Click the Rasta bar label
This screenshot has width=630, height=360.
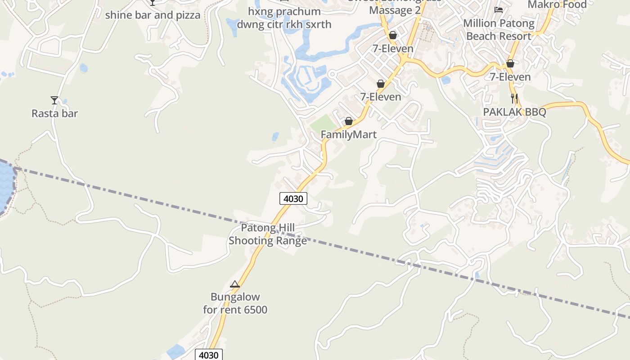pyautogui.click(x=54, y=113)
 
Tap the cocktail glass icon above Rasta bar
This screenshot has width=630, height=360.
pyautogui.click(x=54, y=100)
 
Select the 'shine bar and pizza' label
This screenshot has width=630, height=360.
pyautogui.click(x=153, y=15)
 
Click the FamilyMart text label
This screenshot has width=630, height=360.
pyautogui.click(x=348, y=134)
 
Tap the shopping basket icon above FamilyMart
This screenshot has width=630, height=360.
pyautogui.click(x=348, y=121)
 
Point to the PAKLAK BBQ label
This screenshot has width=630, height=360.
pyautogui.click(x=514, y=112)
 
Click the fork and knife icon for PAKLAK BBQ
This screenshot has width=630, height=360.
pyautogui.click(x=514, y=99)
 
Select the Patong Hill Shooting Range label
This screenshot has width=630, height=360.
pyautogui.click(x=268, y=234)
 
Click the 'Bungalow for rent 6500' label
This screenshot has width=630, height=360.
pyautogui.click(x=235, y=303)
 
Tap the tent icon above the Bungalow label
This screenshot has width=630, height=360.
pyautogui.click(x=234, y=284)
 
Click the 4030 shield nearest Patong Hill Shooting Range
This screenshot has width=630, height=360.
pyautogui.click(x=293, y=198)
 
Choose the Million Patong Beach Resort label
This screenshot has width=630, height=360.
pyautogui.click(x=499, y=29)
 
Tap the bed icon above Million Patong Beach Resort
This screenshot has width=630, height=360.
pyautogui.click(x=498, y=9)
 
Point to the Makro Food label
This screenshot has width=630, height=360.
pyautogui.click(x=557, y=4)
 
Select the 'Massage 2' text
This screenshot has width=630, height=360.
pyautogui.click(x=395, y=10)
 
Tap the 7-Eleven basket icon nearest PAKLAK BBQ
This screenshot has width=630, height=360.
pyautogui.click(x=510, y=63)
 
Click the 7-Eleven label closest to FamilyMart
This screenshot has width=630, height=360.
pyautogui.click(x=380, y=96)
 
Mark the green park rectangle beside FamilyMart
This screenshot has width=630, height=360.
pyautogui.click(x=323, y=123)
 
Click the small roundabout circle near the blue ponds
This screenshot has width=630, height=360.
pyautogui.click(x=332, y=74)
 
